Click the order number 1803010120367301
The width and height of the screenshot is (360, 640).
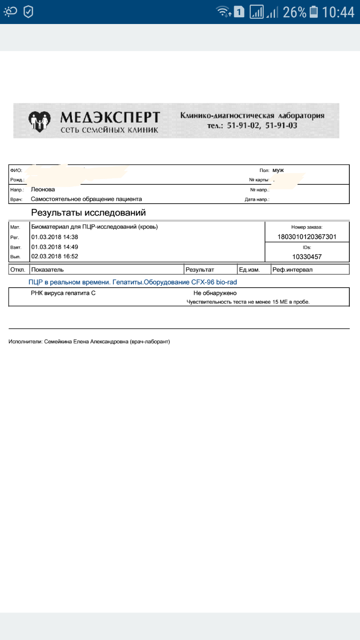[307, 237]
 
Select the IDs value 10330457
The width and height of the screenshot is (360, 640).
[307, 256]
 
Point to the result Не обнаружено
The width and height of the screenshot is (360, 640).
[215, 293]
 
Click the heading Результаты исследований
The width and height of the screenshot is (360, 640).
[88, 212]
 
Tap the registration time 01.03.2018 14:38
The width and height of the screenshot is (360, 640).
[55, 237]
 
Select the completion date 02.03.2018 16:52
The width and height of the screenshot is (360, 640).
[55, 256]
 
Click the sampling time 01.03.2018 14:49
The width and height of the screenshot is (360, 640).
[55, 247]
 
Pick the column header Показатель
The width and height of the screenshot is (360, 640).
[48, 269]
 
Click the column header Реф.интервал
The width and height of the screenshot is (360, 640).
[292, 269]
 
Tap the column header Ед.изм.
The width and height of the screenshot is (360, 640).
[249, 269]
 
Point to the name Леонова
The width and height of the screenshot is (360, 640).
[43, 189]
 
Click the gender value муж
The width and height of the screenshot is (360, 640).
[278, 170]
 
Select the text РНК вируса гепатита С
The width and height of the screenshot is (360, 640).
[63, 293]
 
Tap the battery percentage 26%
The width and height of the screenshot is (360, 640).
[294, 12]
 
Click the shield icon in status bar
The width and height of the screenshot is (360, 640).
[28, 12]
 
